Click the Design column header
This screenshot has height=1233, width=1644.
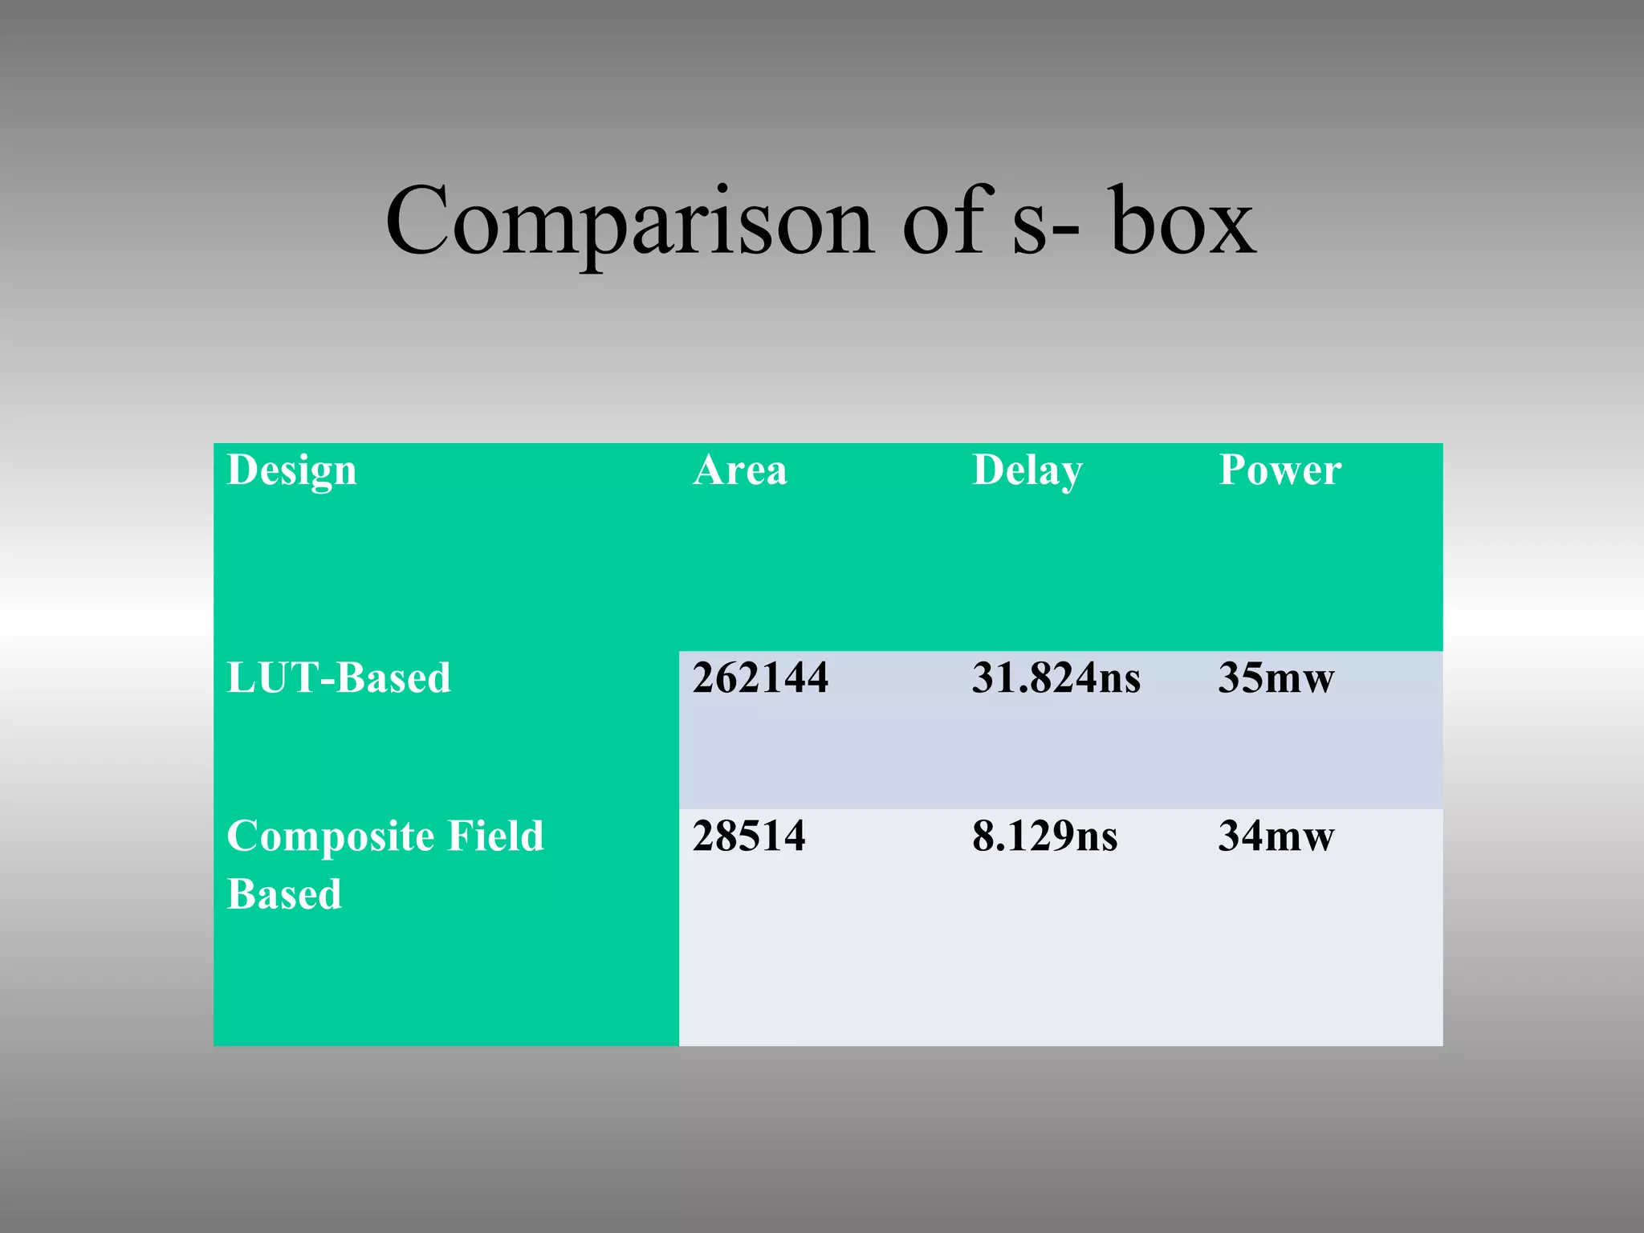[291, 470]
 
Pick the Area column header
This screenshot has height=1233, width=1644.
[739, 470]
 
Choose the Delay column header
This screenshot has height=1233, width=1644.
[1027, 470]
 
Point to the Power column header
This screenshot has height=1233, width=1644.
[1280, 470]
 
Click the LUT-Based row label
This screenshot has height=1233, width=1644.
[339, 678]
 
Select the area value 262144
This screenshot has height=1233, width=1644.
[760, 678]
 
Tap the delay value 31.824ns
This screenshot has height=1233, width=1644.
[1056, 678]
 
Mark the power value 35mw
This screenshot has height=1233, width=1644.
[1276, 678]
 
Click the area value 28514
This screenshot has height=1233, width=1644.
[749, 836]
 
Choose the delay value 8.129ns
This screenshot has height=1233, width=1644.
[1044, 836]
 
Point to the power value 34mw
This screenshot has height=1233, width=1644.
[1276, 836]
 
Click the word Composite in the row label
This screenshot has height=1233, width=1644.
[330, 837]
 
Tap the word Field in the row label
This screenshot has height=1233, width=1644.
[495, 836]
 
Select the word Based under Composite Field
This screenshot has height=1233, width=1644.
[284, 894]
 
